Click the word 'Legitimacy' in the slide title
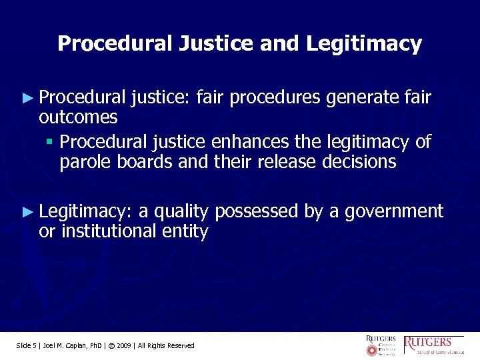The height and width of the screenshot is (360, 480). click(x=364, y=44)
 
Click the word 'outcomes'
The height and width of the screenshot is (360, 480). click(x=78, y=118)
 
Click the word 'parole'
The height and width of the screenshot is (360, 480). click(x=83, y=162)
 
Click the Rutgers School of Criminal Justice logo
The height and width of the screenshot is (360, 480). click(x=434, y=345)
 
